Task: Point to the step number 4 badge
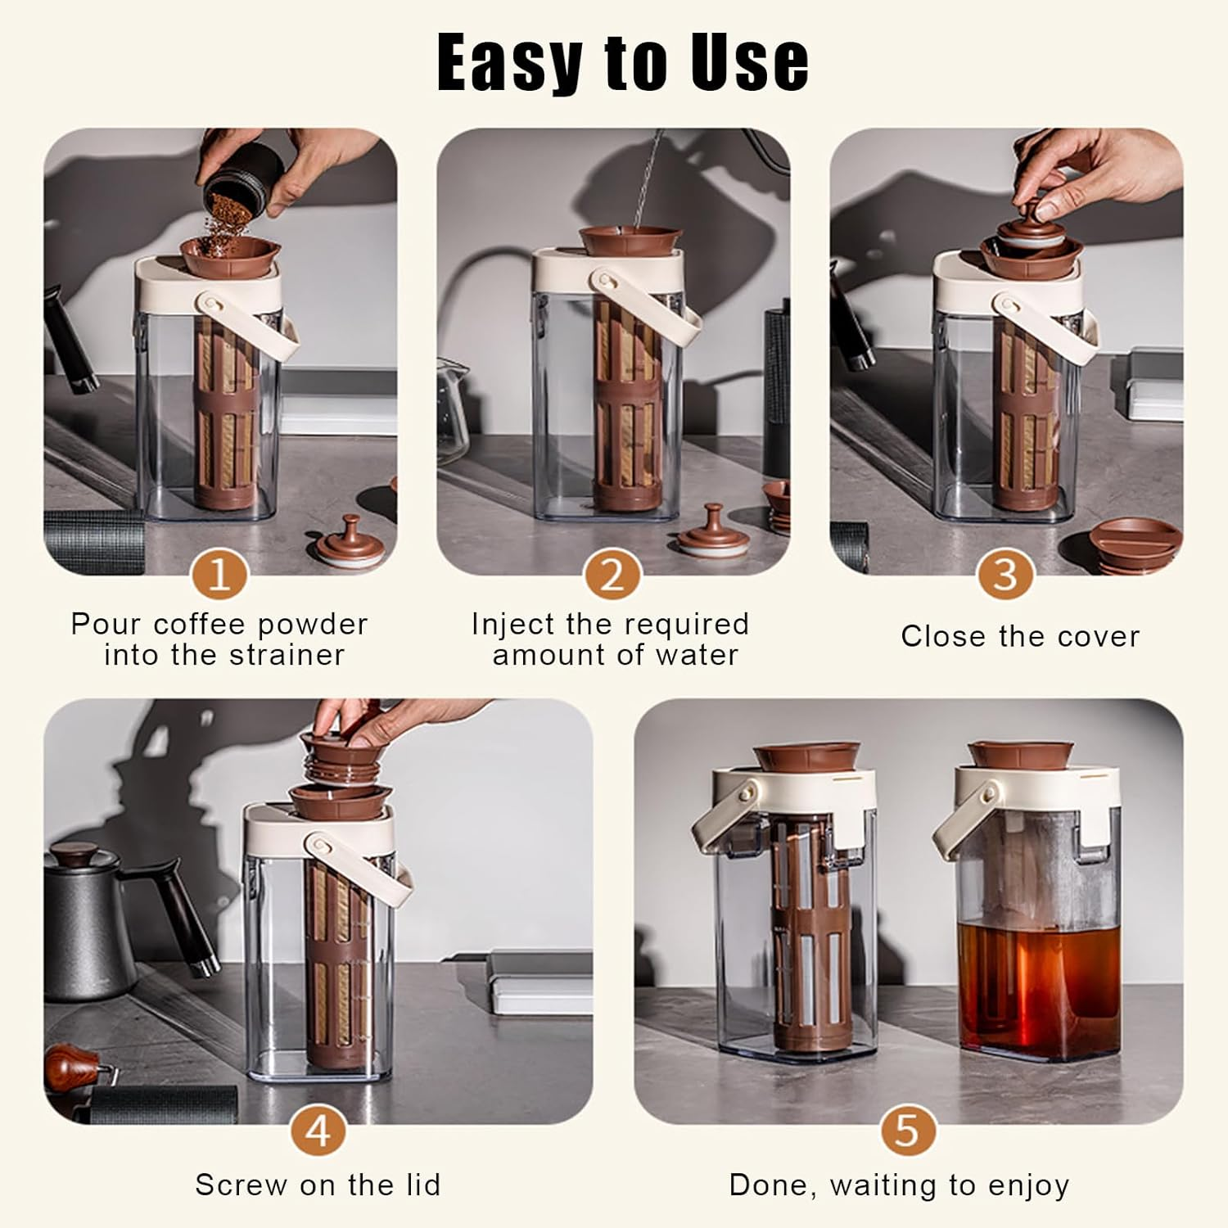318,1131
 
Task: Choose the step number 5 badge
908,1131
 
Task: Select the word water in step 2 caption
698,656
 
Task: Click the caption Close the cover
1020,637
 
